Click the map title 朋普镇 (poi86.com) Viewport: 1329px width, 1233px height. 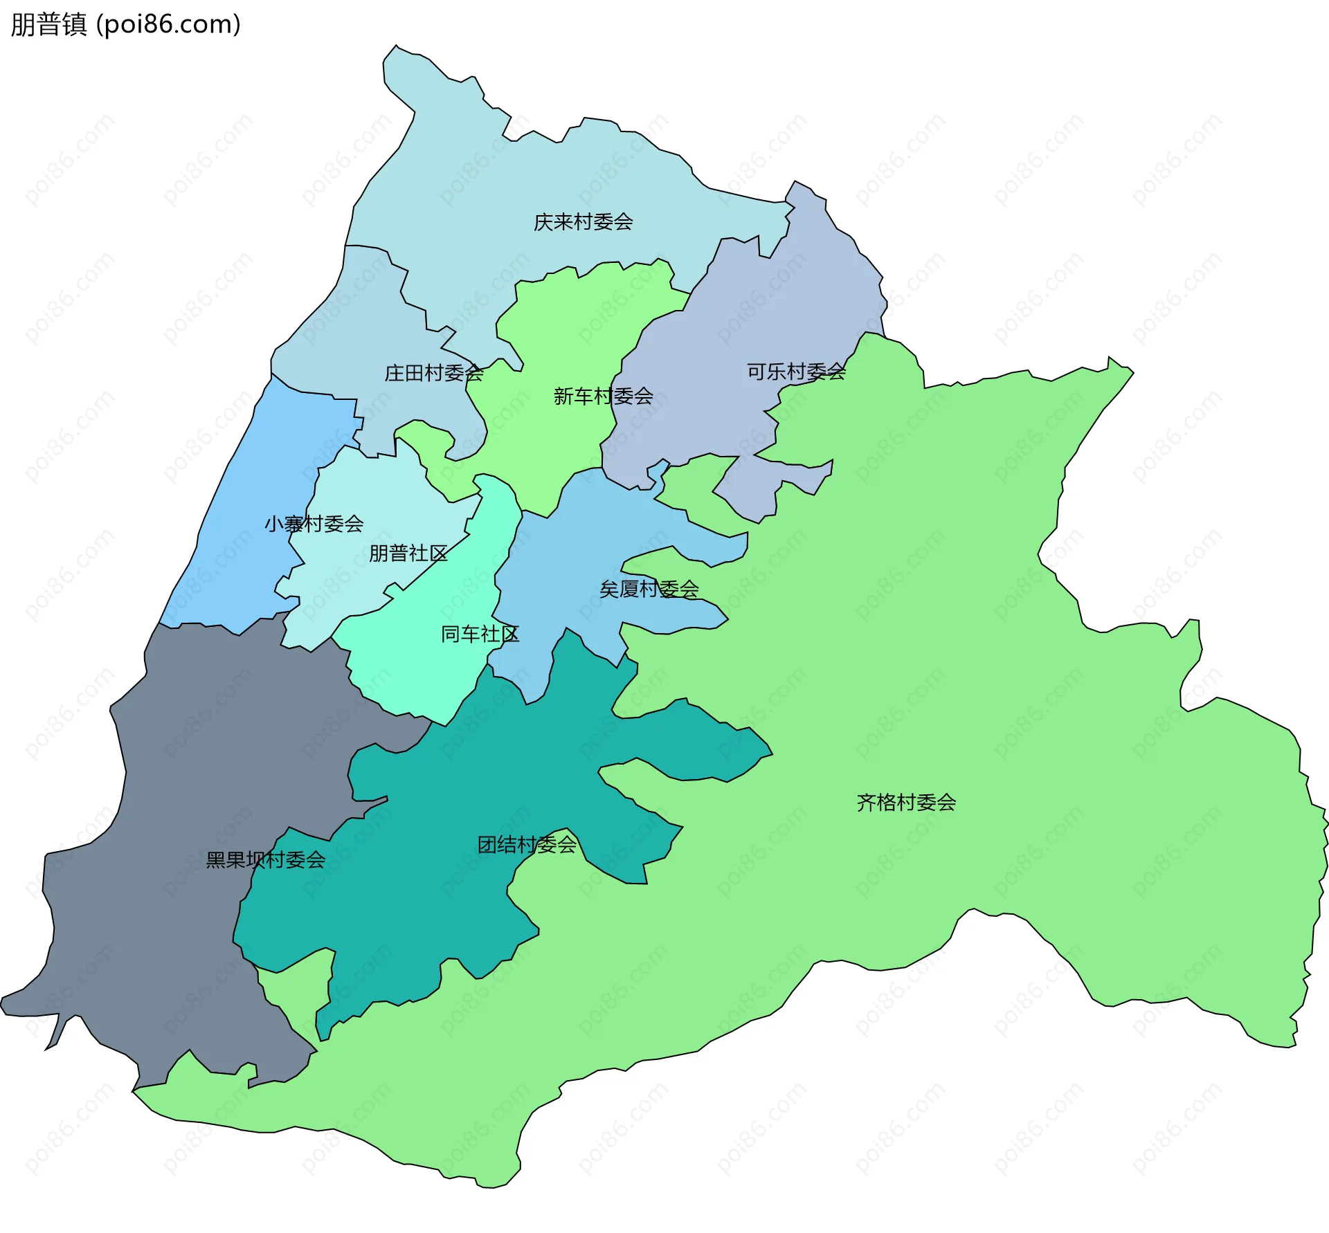[126, 24]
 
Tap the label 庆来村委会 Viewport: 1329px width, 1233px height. [583, 222]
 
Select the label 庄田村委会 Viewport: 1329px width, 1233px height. [433, 374]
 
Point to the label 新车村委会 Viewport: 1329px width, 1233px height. [603, 396]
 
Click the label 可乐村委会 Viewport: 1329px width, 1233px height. [796, 372]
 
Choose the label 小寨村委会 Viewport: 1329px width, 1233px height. [314, 524]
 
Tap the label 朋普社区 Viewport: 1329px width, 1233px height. [408, 554]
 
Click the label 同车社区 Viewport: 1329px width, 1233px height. [480, 634]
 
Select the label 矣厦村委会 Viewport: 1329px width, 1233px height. [649, 590]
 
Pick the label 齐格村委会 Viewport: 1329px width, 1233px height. [906, 803]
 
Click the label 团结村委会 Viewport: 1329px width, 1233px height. [527, 845]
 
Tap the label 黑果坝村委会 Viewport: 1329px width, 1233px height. [266, 860]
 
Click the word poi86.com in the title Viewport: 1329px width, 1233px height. [168, 24]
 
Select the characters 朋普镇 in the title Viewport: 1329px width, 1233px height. [48, 24]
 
